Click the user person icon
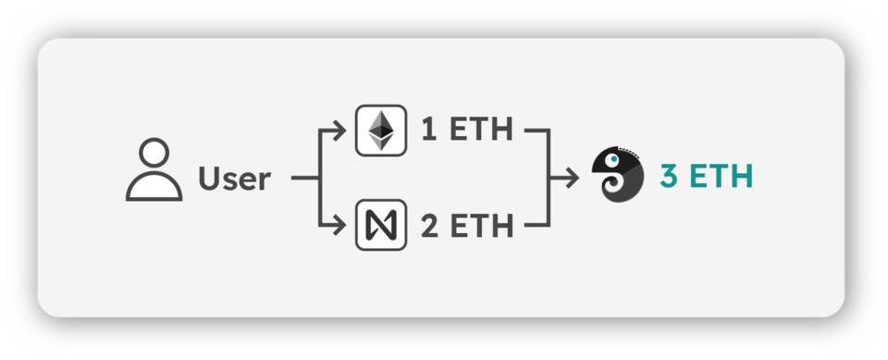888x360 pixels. pos(154,170)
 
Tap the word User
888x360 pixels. pos(234,178)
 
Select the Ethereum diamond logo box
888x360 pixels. pos(381,130)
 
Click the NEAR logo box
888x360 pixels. pos(381,225)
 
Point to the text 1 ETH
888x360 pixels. pos(466,130)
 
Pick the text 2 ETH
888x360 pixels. pos(466,225)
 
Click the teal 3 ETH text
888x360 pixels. pos(706,176)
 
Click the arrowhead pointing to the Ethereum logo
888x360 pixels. pos(341,130)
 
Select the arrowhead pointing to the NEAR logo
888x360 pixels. pos(341,225)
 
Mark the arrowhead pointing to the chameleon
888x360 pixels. pos(573,177)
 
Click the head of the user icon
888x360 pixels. pos(154,153)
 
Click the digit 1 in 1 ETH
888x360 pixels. pos(429,130)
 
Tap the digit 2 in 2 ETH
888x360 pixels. pos(429,225)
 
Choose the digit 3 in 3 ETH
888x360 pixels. pos(669,176)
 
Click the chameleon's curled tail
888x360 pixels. pos(613,189)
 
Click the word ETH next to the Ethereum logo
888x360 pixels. pos(481,130)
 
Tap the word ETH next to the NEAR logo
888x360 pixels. pos(481,225)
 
